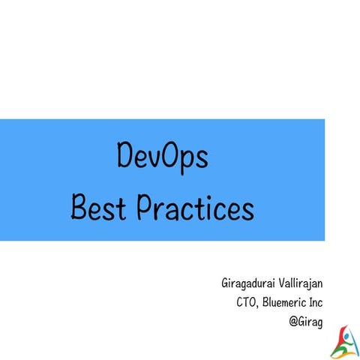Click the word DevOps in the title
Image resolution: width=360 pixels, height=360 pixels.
click(163, 158)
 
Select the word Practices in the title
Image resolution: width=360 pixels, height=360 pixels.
click(196, 205)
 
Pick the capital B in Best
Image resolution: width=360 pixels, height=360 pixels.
click(79, 205)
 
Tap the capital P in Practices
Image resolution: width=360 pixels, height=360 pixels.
click(146, 205)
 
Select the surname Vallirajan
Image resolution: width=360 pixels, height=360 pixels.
click(303, 284)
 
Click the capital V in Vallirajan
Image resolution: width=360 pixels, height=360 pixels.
click(280, 284)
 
